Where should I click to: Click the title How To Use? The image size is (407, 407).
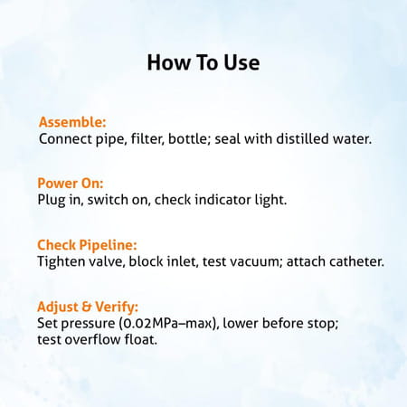pos(203,63)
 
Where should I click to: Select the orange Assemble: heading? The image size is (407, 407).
pos(72,122)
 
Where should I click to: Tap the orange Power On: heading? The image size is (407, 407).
pos(71,182)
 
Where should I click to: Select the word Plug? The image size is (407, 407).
pos(52,199)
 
